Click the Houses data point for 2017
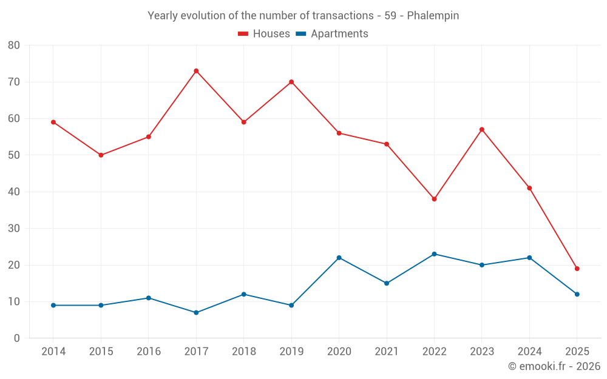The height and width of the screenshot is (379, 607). tap(196, 71)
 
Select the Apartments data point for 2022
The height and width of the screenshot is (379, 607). tap(434, 254)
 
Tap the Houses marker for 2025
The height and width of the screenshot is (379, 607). tap(577, 269)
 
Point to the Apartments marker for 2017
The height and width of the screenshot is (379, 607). tap(196, 313)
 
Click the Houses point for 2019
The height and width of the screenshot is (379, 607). tap(291, 82)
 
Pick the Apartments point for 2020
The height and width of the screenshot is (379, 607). tap(339, 258)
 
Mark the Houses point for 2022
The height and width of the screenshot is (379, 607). tap(434, 199)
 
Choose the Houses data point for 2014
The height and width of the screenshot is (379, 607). tap(53, 122)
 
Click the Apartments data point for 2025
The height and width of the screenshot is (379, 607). tap(577, 294)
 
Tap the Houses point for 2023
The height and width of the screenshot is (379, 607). tap(482, 129)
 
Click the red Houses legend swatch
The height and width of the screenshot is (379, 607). tap(243, 34)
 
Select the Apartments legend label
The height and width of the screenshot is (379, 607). tap(339, 34)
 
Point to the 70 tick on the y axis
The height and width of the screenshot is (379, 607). tap(14, 82)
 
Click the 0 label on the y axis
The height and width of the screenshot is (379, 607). tap(17, 338)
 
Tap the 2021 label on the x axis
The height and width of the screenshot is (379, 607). tap(387, 352)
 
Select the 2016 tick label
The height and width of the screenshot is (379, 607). tap(148, 352)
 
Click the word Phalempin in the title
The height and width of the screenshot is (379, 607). tap(433, 16)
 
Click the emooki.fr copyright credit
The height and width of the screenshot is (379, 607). tap(554, 366)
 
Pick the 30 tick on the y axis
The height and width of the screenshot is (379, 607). tap(14, 229)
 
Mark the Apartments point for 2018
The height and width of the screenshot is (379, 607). tap(243, 294)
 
